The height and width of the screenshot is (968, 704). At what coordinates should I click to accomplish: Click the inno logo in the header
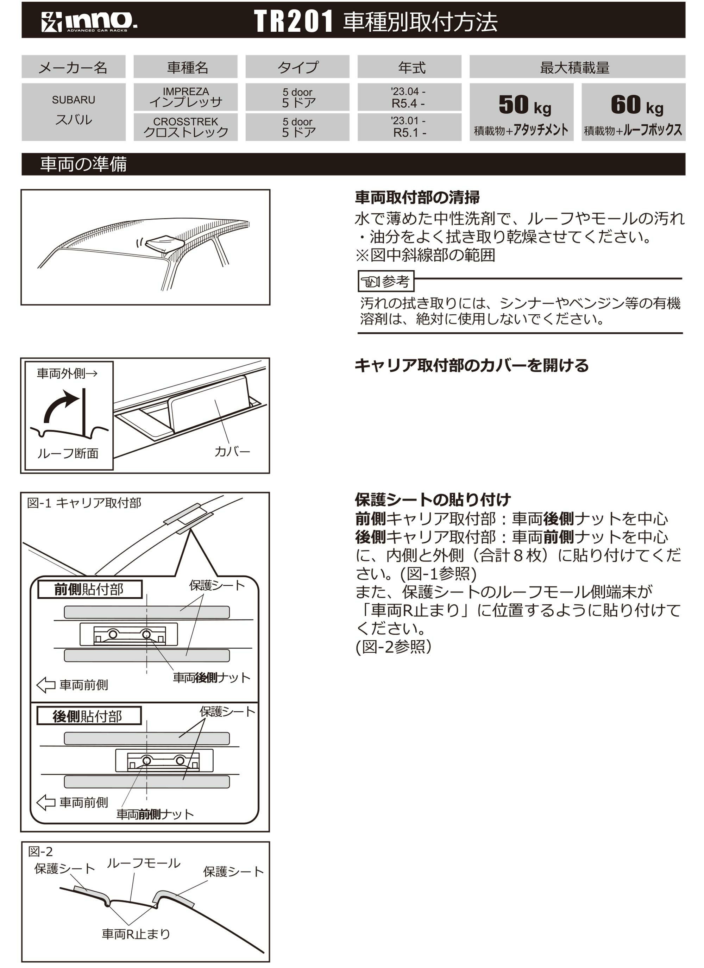(x=89, y=21)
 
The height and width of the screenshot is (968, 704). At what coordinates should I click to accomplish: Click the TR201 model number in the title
(x=293, y=21)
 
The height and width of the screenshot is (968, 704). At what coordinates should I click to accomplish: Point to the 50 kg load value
(x=524, y=105)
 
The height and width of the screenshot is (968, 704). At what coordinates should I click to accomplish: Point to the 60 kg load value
(x=636, y=105)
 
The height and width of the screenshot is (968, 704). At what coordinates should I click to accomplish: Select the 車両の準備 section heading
(x=83, y=164)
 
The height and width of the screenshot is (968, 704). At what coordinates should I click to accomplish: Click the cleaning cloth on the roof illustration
(x=164, y=244)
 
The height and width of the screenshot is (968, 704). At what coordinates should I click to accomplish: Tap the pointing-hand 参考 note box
(x=385, y=281)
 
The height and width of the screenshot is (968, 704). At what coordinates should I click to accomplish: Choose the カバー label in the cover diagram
(x=232, y=451)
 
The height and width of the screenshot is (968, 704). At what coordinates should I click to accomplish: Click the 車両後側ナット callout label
(x=211, y=677)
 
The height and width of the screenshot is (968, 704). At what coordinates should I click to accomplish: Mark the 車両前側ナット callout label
(x=155, y=814)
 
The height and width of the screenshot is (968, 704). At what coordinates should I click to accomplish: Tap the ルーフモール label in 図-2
(x=143, y=863)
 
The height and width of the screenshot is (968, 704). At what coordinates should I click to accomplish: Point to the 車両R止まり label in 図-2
(x=136, y=934)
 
